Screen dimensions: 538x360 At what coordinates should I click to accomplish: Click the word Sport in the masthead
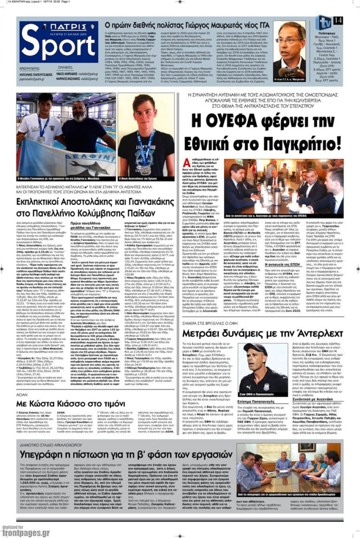[x=58, y=46]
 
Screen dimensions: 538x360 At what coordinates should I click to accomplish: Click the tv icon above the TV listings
[x=323, y=22]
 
